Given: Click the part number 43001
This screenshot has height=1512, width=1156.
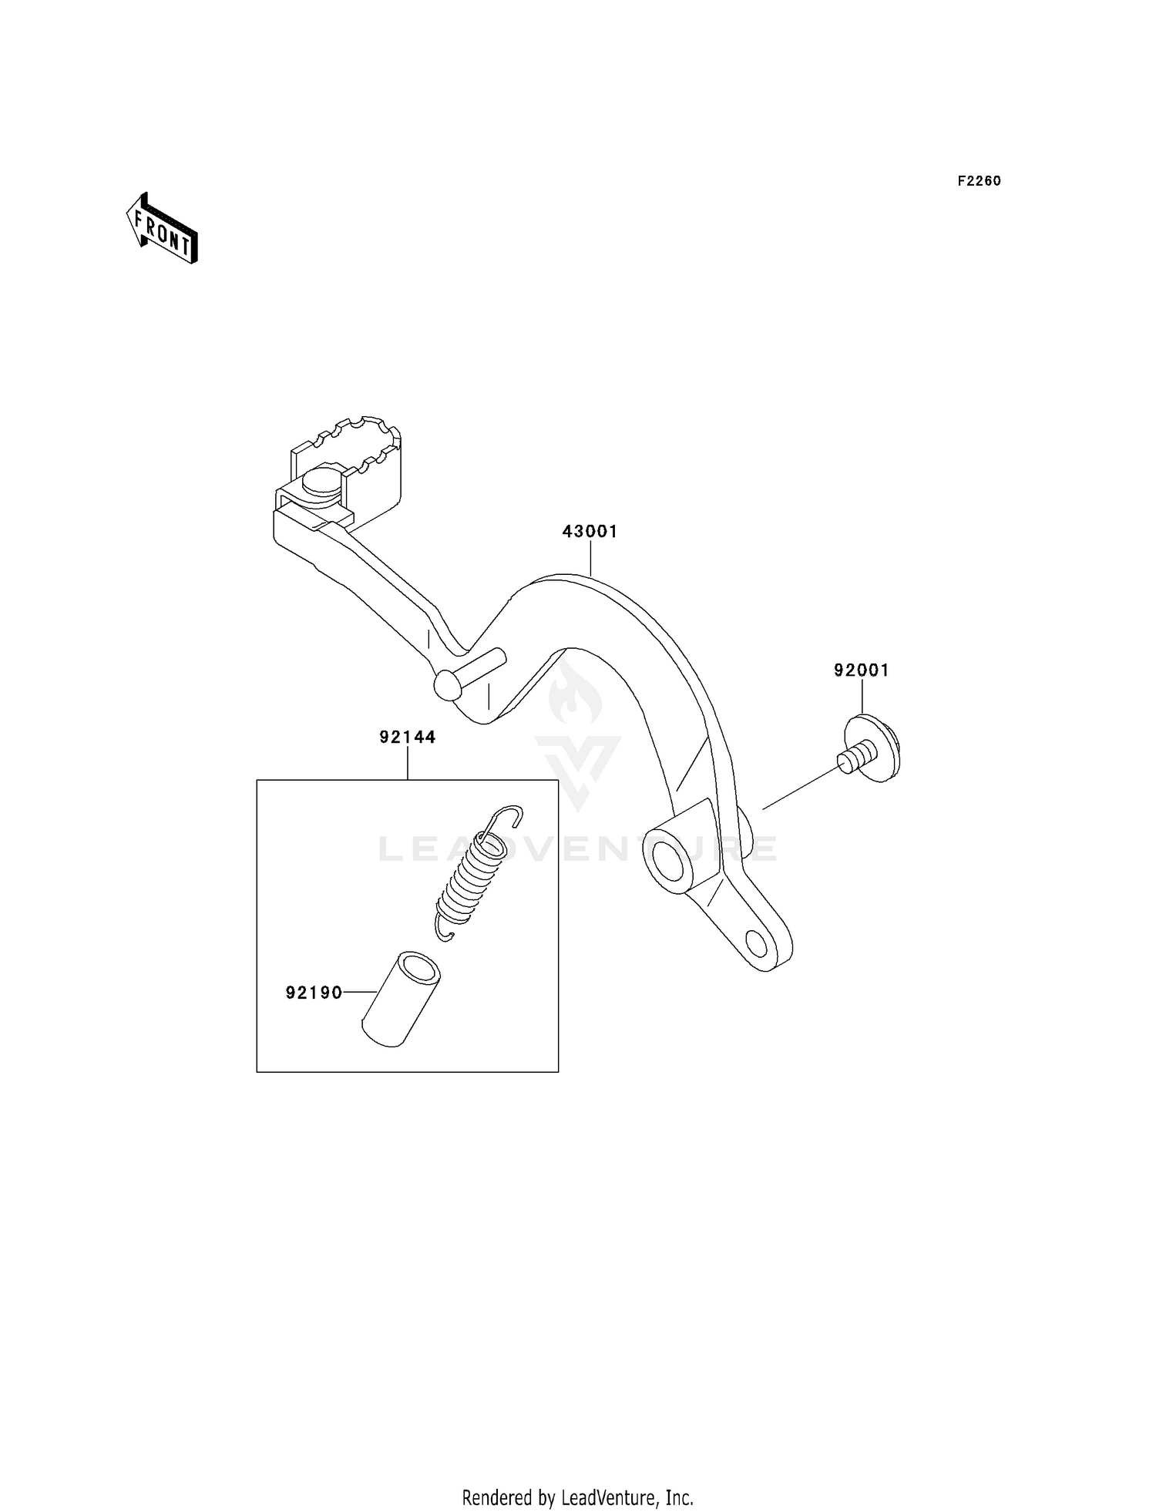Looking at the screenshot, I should (590, 532).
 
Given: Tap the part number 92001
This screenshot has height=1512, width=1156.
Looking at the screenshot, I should (861, 670).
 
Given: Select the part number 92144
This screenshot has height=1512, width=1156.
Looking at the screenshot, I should (407, 738).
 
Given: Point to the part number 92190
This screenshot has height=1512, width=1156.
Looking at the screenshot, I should (314, 993).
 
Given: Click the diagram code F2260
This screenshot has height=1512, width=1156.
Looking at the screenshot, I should (979, 181).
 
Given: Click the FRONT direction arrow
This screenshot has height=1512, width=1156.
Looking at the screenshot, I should (163, 230).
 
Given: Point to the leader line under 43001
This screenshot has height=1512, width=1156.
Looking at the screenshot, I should (590, 557).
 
